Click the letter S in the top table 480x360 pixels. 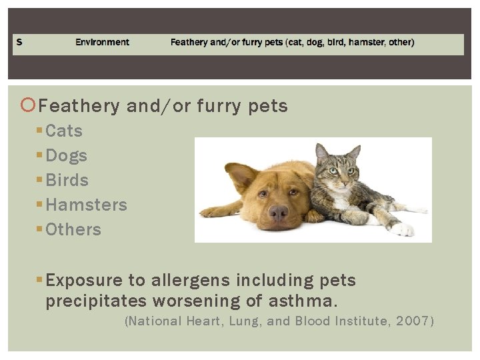click(19, 42)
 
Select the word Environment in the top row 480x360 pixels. click(102, 42)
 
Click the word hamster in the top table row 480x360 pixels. click(365, 42)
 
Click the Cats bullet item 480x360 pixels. click(64, 131)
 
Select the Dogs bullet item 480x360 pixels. click(66, 155)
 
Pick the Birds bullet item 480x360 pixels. click(67, 180)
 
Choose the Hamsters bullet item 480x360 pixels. click(86, 205)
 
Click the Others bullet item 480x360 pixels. click(73, 229)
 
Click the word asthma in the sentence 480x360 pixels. click(311, 301)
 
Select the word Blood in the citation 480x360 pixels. click(315, 321)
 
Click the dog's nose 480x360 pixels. click(278, 213)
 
